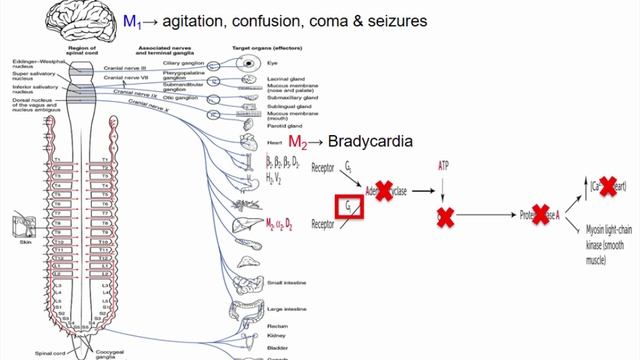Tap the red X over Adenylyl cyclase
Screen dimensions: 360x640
381,193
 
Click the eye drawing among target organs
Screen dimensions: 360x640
247,62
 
